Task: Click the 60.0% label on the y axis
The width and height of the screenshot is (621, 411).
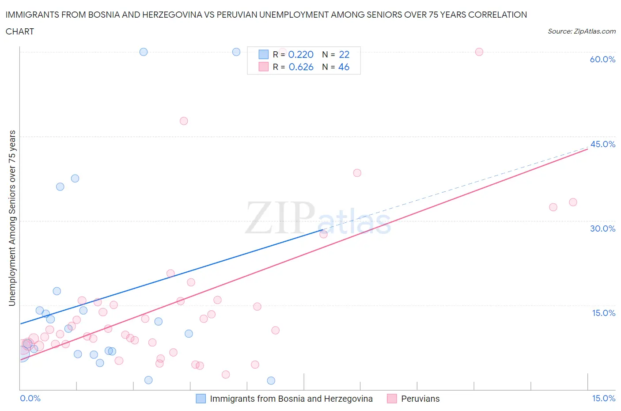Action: pos(602,59)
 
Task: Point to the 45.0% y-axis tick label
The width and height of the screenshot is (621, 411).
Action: pos(602,144)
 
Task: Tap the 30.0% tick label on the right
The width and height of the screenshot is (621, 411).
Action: pos(602,228)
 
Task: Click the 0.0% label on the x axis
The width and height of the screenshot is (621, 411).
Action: pos(30,398)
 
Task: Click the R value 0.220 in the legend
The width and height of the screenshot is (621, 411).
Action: pos(301,54)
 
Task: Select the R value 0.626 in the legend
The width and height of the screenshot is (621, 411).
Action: pos(301,67)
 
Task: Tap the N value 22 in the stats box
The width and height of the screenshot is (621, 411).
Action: pos(344,54)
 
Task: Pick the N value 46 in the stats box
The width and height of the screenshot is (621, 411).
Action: pos(344,67)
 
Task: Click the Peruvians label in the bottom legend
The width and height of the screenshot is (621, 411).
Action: pos(420,399)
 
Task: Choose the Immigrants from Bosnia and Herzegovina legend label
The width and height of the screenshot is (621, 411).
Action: pos(291,399)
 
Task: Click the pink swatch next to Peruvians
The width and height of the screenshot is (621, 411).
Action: pos(392,399)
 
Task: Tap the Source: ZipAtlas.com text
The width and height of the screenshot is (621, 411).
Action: pos(581,31)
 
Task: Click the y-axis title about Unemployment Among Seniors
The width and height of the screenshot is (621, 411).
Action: pos(12,218)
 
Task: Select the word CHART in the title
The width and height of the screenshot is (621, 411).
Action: pos(20,31)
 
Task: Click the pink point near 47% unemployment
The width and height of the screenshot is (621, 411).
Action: pos(184,121)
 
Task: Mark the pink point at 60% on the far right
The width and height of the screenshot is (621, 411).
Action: pos(479,52)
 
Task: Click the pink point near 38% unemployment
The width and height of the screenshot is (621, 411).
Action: pos(357,173)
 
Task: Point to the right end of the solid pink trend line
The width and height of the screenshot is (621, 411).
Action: pos(587,149)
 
